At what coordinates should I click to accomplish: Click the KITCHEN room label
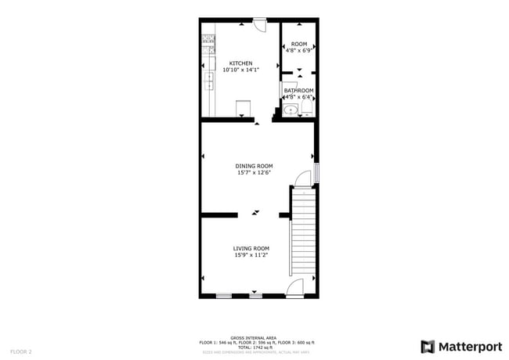[240, 63]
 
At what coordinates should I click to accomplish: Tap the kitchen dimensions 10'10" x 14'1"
[240, 70]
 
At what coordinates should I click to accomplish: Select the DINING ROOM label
[254, 166]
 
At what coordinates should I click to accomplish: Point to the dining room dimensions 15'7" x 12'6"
[254, 173]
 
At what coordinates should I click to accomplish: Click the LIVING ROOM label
[251, 248]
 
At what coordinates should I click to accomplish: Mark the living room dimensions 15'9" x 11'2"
[251, 255]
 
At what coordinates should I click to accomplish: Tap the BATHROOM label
[298, 91]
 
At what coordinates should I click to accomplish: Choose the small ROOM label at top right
[299, 44]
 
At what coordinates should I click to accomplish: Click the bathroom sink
[291, 110]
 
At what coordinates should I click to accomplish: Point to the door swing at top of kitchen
[261, 25]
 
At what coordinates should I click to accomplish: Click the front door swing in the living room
[295, 289]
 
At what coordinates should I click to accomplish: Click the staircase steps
[303, 235]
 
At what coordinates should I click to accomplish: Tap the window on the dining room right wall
[317, 173]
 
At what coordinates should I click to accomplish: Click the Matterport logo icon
[428, 346]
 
